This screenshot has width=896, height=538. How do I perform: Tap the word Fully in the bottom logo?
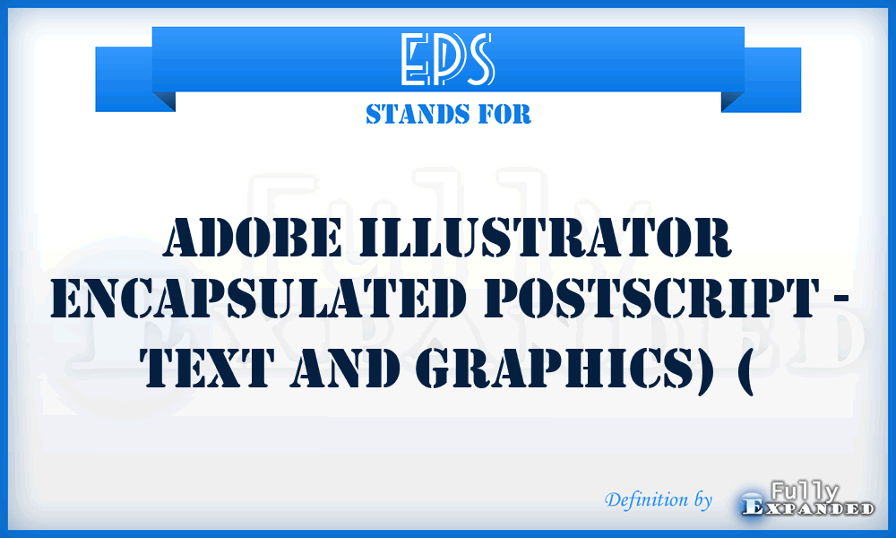pos(804,491)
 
